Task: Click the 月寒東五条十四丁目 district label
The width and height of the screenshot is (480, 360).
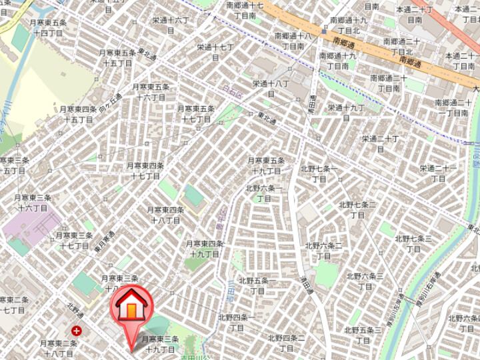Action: (48, 27)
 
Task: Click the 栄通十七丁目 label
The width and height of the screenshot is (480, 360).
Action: (215, 52)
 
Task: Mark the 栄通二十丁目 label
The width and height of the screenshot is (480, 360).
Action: (380, 143)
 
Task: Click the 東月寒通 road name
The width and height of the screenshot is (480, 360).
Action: (103, 240)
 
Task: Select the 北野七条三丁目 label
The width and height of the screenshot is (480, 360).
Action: (413, 243)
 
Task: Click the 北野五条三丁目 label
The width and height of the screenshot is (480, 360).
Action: (363, 335)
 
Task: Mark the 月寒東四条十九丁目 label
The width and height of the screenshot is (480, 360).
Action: (205, 249)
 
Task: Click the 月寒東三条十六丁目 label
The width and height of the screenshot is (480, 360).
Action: (33, 203)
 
